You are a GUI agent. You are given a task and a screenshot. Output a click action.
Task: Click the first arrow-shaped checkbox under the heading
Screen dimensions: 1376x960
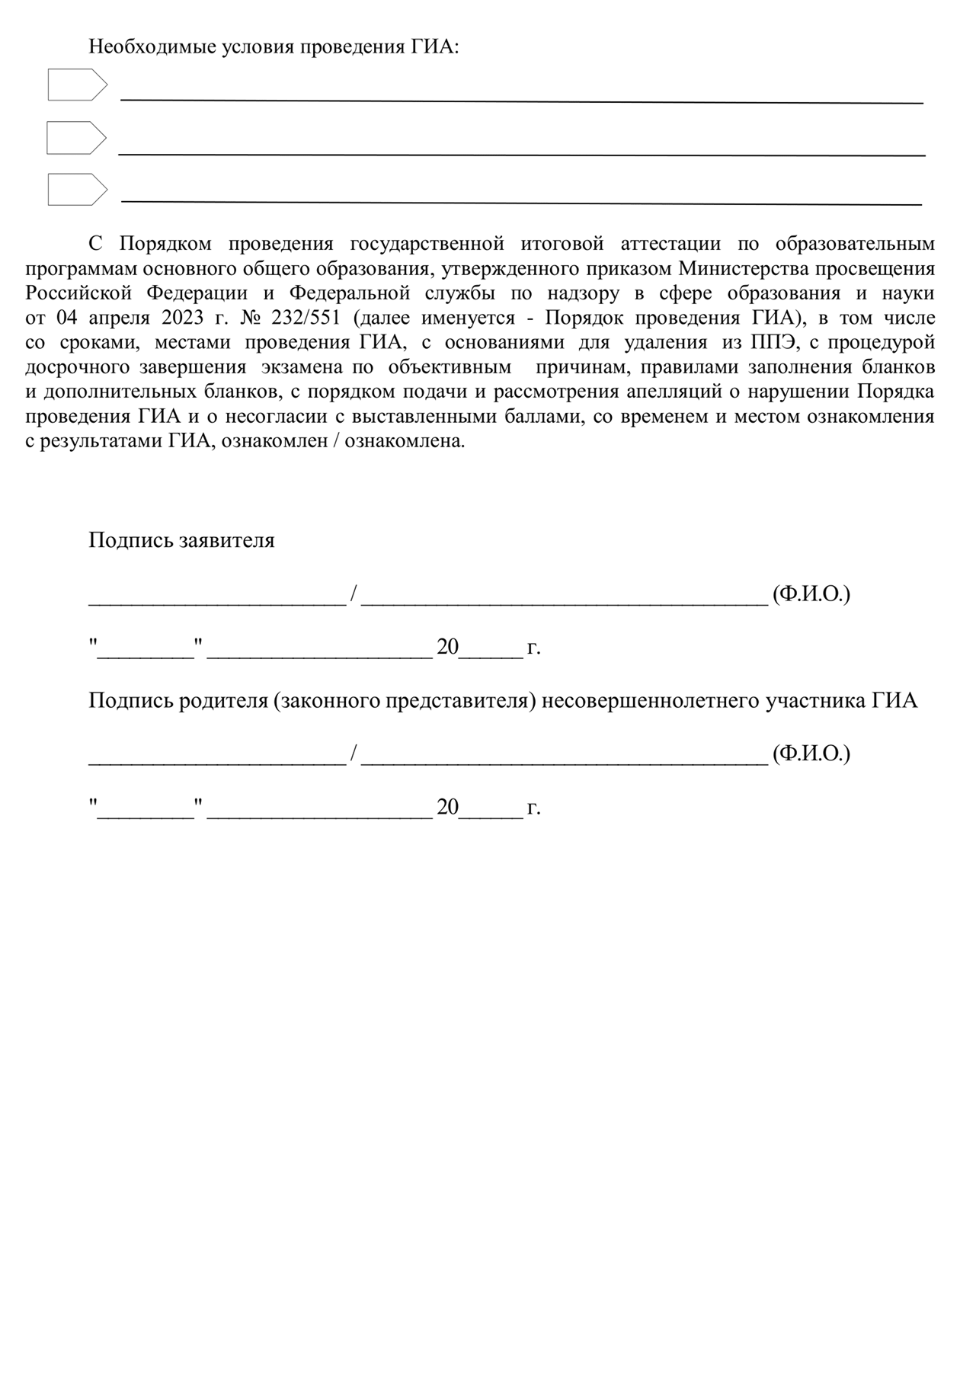point(77,85)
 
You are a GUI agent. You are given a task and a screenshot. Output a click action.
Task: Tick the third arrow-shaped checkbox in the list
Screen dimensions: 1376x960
point(77,189)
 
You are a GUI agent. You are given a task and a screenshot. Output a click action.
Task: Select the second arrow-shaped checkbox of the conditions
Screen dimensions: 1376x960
point(76,138)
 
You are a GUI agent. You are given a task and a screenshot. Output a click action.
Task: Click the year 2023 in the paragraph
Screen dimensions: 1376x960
point(183,318)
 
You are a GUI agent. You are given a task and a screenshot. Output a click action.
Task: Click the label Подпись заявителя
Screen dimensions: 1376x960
point(181,540)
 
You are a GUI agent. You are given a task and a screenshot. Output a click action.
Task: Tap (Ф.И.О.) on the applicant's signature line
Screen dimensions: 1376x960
point(811,594)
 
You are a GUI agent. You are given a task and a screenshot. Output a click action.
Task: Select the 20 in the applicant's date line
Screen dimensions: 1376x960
point(447,648)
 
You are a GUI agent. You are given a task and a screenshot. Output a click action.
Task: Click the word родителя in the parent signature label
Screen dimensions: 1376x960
point(225,701)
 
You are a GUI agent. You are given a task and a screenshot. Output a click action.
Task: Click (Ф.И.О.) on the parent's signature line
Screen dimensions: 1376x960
point(811,754)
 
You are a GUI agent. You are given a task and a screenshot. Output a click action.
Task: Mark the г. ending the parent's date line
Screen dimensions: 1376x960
point(533,808)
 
